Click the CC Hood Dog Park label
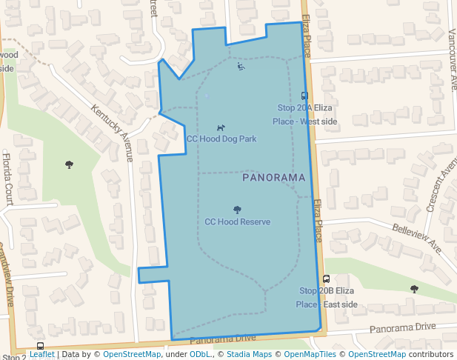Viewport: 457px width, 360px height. pyautogui.click(x=221, y=139)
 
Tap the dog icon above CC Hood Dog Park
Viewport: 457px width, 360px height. pyautogui.click(x=221, y=128)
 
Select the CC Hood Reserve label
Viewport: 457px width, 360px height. pyautogui.click(x=237, y=221)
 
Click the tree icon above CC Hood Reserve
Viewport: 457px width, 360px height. pyautogui.click(x=237, y=210)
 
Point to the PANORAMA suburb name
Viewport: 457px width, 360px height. pyautogui.click(x=273, y=179)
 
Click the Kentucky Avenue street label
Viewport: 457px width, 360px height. pyautogui.click(x=112, y=133)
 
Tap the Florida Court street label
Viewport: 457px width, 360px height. pyautogui.click(x=7, y=178)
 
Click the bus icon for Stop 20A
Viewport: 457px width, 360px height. pyautogui.click(x=304, y=96)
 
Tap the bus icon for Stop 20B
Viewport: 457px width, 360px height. pyautogui.click(x=326, y=279)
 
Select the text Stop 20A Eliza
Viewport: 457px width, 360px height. pyautogui.click(x=304, y=108)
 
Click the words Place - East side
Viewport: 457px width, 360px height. pyautogui.click(x=327, y=304)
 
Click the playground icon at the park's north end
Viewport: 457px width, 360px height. pyautogui.click(x=241, y=67)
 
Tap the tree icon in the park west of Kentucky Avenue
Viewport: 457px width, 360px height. pyautogui.click(x=69, y=164)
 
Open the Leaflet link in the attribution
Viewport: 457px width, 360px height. pyautogui.click(x=41, y=355)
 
